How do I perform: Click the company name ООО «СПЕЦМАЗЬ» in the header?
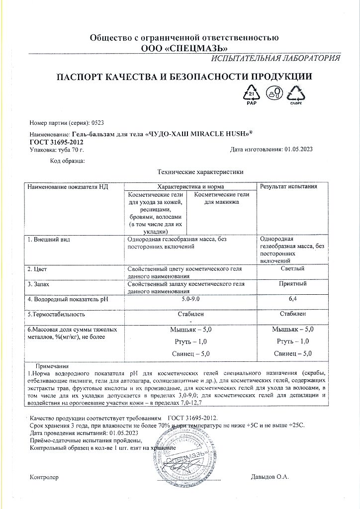click(184, 48)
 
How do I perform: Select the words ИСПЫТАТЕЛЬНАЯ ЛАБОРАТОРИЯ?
click(275, 58)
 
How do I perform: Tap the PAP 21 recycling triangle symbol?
click(251, 93)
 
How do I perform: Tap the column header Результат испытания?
click(288, 186)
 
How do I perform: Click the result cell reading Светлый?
click(292, 269)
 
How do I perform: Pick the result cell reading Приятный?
click(292, 284)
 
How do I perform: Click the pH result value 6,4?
click(292, 299)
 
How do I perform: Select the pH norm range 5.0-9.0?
click(191, 299)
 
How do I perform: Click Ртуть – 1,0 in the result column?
click(292, 341)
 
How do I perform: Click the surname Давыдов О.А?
click(270, 477)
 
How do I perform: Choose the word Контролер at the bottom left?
click(44, 477)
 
